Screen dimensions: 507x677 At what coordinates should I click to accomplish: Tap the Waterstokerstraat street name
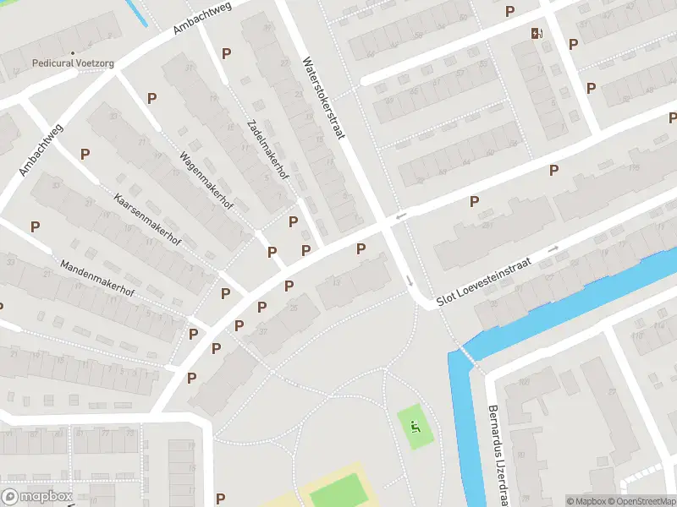pyautogui.click(x=324, y=99)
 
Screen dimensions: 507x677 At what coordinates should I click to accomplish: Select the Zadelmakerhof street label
pyautogui.click(x=264, y=149)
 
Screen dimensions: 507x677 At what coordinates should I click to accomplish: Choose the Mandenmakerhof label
pyautogui.click(x=97, y=278)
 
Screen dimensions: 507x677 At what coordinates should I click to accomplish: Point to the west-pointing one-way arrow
pyautogui.click(x=401, y=216)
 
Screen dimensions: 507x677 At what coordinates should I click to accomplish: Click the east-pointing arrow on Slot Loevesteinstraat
pyautogui.click(x=553, y=248)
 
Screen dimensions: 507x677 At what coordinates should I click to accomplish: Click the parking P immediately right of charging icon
pyautogui.click(x=573, y=44)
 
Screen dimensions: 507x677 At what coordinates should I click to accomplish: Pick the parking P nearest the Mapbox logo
pyautogui.click(x=221, y=499)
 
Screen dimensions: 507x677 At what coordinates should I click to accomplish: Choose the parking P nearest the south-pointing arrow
pyautogui.click(x=361, y=248)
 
